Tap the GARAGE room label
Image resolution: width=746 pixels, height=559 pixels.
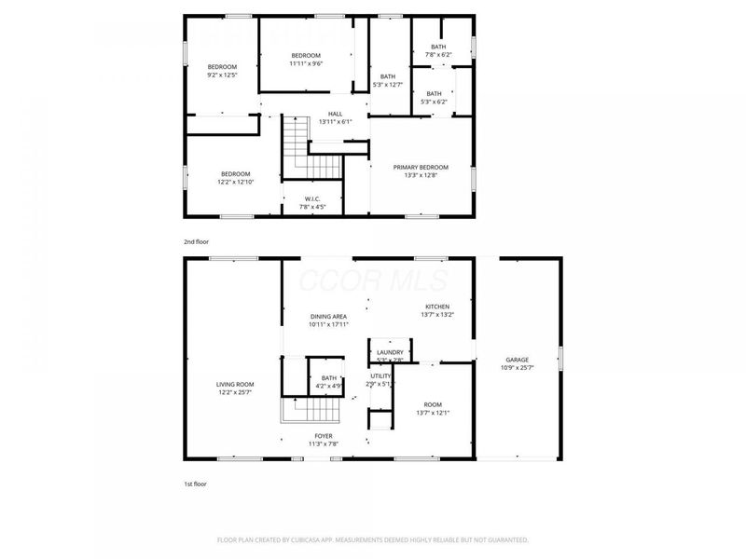517,360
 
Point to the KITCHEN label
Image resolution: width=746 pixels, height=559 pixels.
437,307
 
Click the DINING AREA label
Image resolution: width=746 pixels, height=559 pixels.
328,317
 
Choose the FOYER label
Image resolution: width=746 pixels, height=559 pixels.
323,435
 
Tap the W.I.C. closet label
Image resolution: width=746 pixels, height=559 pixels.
312,199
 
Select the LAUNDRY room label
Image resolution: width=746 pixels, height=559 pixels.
390,352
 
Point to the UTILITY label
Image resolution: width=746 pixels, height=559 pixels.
380,375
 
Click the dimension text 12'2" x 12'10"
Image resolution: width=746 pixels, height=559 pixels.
235,183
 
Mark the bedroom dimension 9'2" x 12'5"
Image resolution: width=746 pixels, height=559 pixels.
222,75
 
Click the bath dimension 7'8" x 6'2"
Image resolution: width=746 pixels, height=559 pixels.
438,55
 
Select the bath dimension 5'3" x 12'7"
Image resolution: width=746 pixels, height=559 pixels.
388,85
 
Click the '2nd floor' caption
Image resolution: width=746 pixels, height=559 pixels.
196,241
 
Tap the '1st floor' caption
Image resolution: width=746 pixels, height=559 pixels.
195,484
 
